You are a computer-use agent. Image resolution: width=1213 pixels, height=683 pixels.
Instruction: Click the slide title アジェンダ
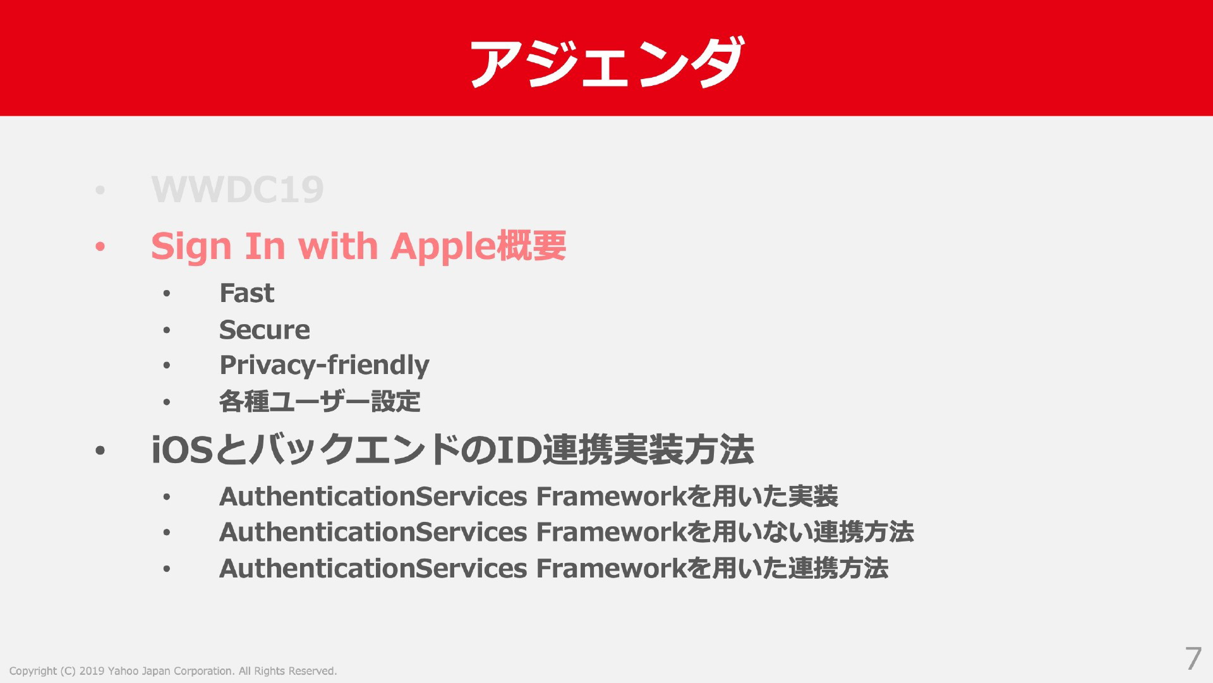point(606,62)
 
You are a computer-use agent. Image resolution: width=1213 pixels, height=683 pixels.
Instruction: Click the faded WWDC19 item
point(238,189)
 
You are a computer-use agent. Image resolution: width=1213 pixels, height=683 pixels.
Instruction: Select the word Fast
point(247,293)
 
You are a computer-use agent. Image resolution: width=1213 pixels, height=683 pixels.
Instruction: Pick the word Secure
point(265,330)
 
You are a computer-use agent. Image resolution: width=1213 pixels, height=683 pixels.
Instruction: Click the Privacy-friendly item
point(324,365)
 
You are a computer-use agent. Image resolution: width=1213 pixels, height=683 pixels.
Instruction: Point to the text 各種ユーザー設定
point(320,401)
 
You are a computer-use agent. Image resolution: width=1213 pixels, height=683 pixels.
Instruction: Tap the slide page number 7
point(1193,658)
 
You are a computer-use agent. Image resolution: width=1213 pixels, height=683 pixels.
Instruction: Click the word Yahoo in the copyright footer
point(123,671)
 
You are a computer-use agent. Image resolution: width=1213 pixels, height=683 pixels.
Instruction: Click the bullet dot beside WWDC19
point(100,190)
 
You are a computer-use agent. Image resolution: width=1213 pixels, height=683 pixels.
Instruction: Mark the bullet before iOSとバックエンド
point(100,450)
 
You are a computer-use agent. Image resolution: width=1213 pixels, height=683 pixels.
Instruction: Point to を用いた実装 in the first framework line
point(763,497)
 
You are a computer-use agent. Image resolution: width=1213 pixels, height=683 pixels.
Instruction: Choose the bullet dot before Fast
point(166,293)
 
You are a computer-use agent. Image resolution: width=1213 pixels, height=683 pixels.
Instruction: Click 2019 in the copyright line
point(92,671)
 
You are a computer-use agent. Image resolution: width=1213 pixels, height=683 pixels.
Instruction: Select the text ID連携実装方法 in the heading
point(625,450)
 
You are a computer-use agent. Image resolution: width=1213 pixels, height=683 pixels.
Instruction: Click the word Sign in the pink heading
point(191,246)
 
